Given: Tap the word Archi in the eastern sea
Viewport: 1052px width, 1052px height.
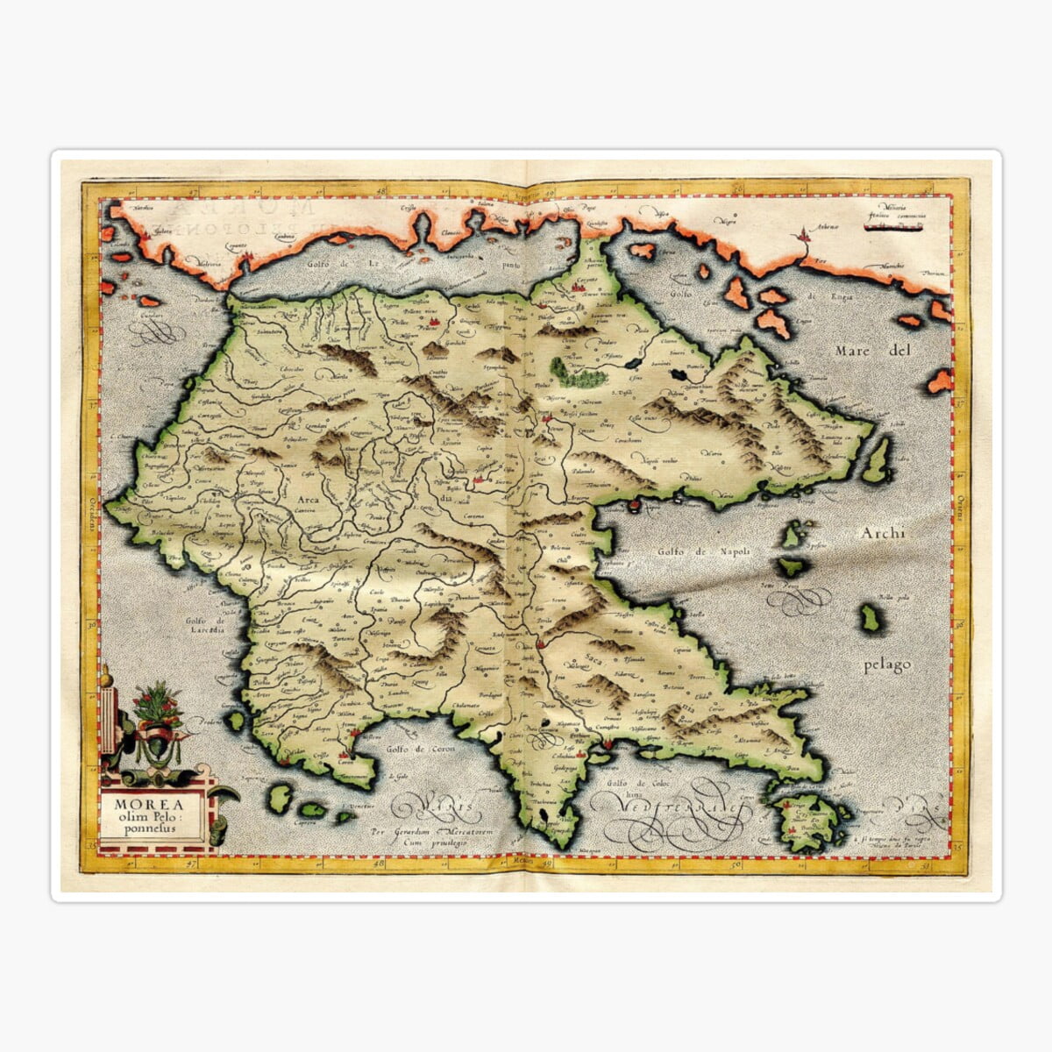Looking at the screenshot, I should click(x=882, y=533).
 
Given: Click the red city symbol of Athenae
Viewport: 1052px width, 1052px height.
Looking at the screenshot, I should click(x=801, y=235).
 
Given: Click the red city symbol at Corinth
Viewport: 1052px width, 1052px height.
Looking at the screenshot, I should click(x=579, y=285).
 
